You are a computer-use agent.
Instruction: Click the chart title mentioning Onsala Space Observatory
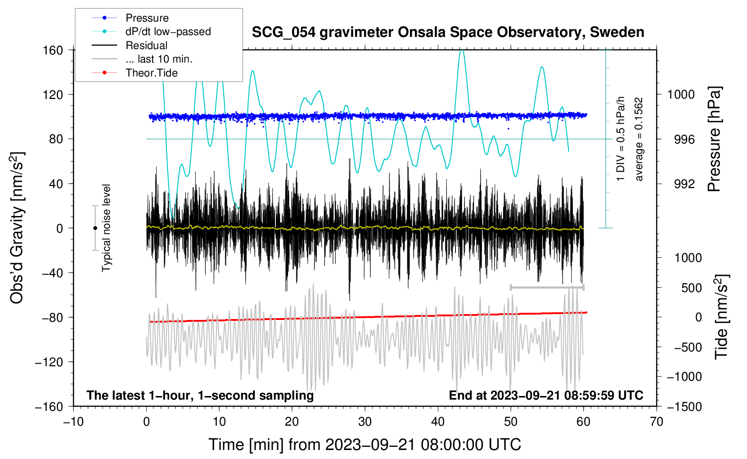(x=448, y=32)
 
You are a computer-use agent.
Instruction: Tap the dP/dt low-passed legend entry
(x=168, y=31)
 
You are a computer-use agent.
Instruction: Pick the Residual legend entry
(x=146, y=45)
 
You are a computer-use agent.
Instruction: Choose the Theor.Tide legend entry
(x=151, y=73)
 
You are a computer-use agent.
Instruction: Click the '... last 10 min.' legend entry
(x=159, y=59)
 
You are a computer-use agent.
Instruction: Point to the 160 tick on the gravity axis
(x=53, y=50)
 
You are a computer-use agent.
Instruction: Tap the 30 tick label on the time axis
(x=365, y=422)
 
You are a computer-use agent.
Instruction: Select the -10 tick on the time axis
(x=73, y=422)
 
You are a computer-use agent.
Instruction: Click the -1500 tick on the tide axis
(x=684, y=406)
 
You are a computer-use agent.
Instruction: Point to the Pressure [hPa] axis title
(x=715, y=139)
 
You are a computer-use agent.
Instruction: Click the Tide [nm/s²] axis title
(x=721, y=317)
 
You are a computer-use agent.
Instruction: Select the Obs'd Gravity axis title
(x=17, y=228)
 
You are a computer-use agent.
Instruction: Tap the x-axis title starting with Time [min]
(x=365, y=445)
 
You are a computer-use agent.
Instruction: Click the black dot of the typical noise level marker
(x=95, y=228)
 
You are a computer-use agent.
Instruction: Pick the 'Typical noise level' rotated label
(x=106, y=228)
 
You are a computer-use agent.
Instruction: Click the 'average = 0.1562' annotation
(x=639, y=139)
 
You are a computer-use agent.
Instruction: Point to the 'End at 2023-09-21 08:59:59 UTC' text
(x=546, y=396)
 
